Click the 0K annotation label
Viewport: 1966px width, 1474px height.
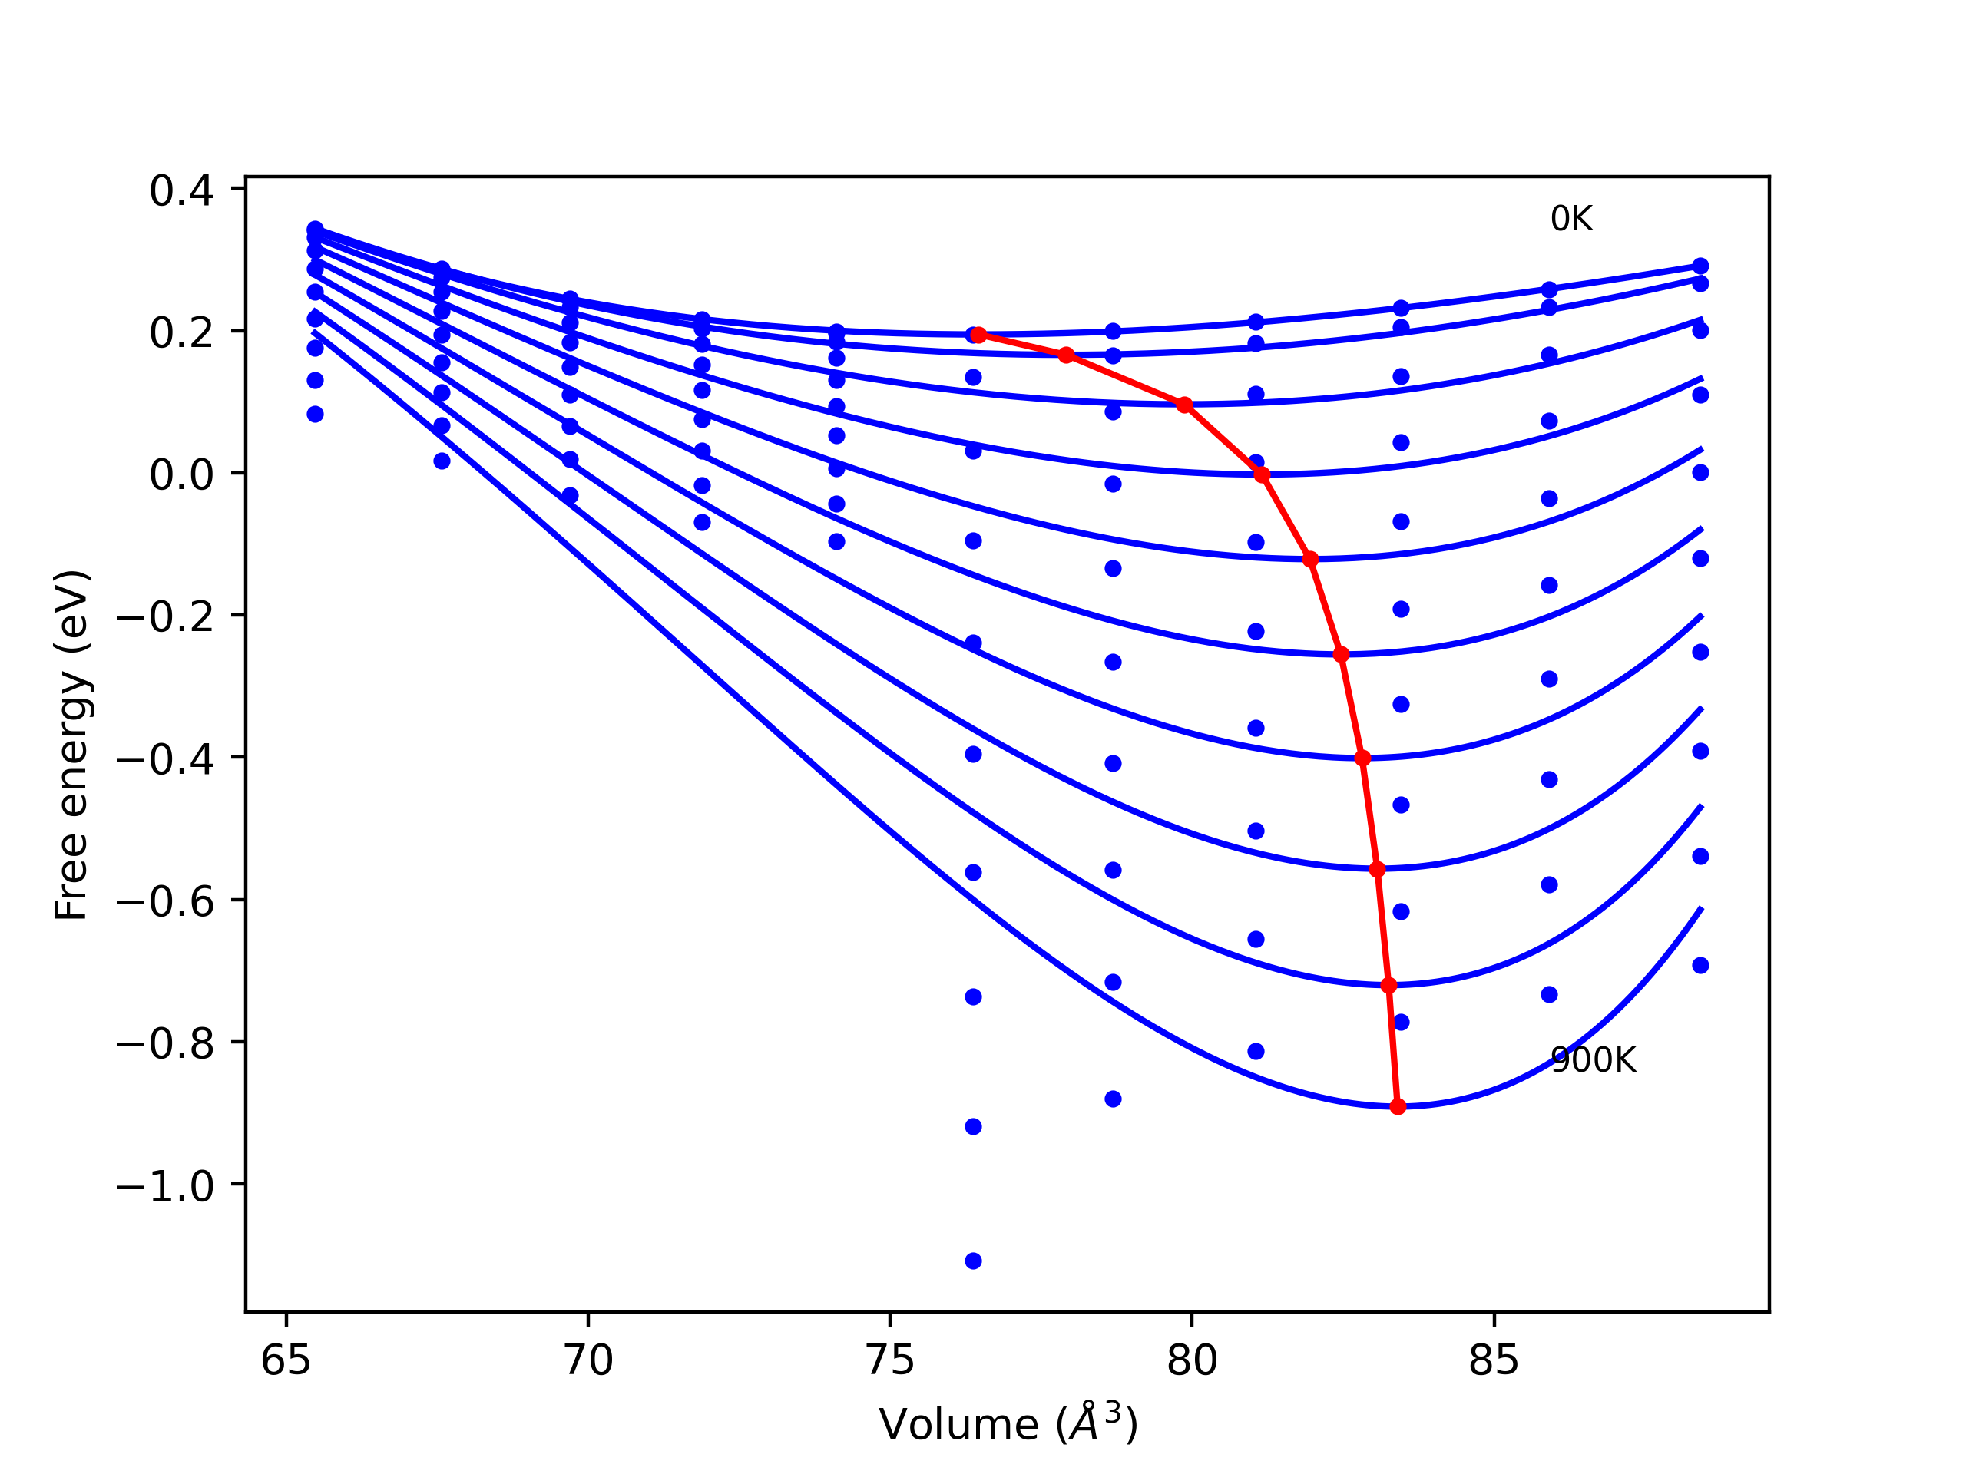point(1571,219)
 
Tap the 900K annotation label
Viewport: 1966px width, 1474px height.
point(1593,1060)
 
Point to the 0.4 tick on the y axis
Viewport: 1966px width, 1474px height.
point(181,191)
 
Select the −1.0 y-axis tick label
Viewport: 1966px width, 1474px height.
point(165,1187)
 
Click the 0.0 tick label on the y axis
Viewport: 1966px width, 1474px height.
point(181,475)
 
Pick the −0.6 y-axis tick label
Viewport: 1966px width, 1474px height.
point(165,903)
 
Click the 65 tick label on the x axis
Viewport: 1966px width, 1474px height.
point(286,1360)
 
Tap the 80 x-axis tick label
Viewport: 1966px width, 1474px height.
point(1192,1360)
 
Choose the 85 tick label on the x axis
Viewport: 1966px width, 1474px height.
point(1494,1360)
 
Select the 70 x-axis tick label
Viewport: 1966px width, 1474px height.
point(588,1360)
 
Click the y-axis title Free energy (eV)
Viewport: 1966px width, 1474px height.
point(71,745)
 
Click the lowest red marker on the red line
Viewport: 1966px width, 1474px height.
point(1398,1106)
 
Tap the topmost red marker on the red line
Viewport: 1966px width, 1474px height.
point(978,335)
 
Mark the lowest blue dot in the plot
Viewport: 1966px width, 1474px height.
point(973,1261)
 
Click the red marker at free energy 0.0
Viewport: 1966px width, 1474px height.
point(1262,475)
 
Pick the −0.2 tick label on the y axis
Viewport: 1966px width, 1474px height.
point(165,617)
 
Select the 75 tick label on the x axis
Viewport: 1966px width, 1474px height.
point(889,1360)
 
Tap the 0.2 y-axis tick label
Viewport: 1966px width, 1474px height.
point(181,333)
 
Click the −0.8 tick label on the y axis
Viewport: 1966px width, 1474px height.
point(165,1045)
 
